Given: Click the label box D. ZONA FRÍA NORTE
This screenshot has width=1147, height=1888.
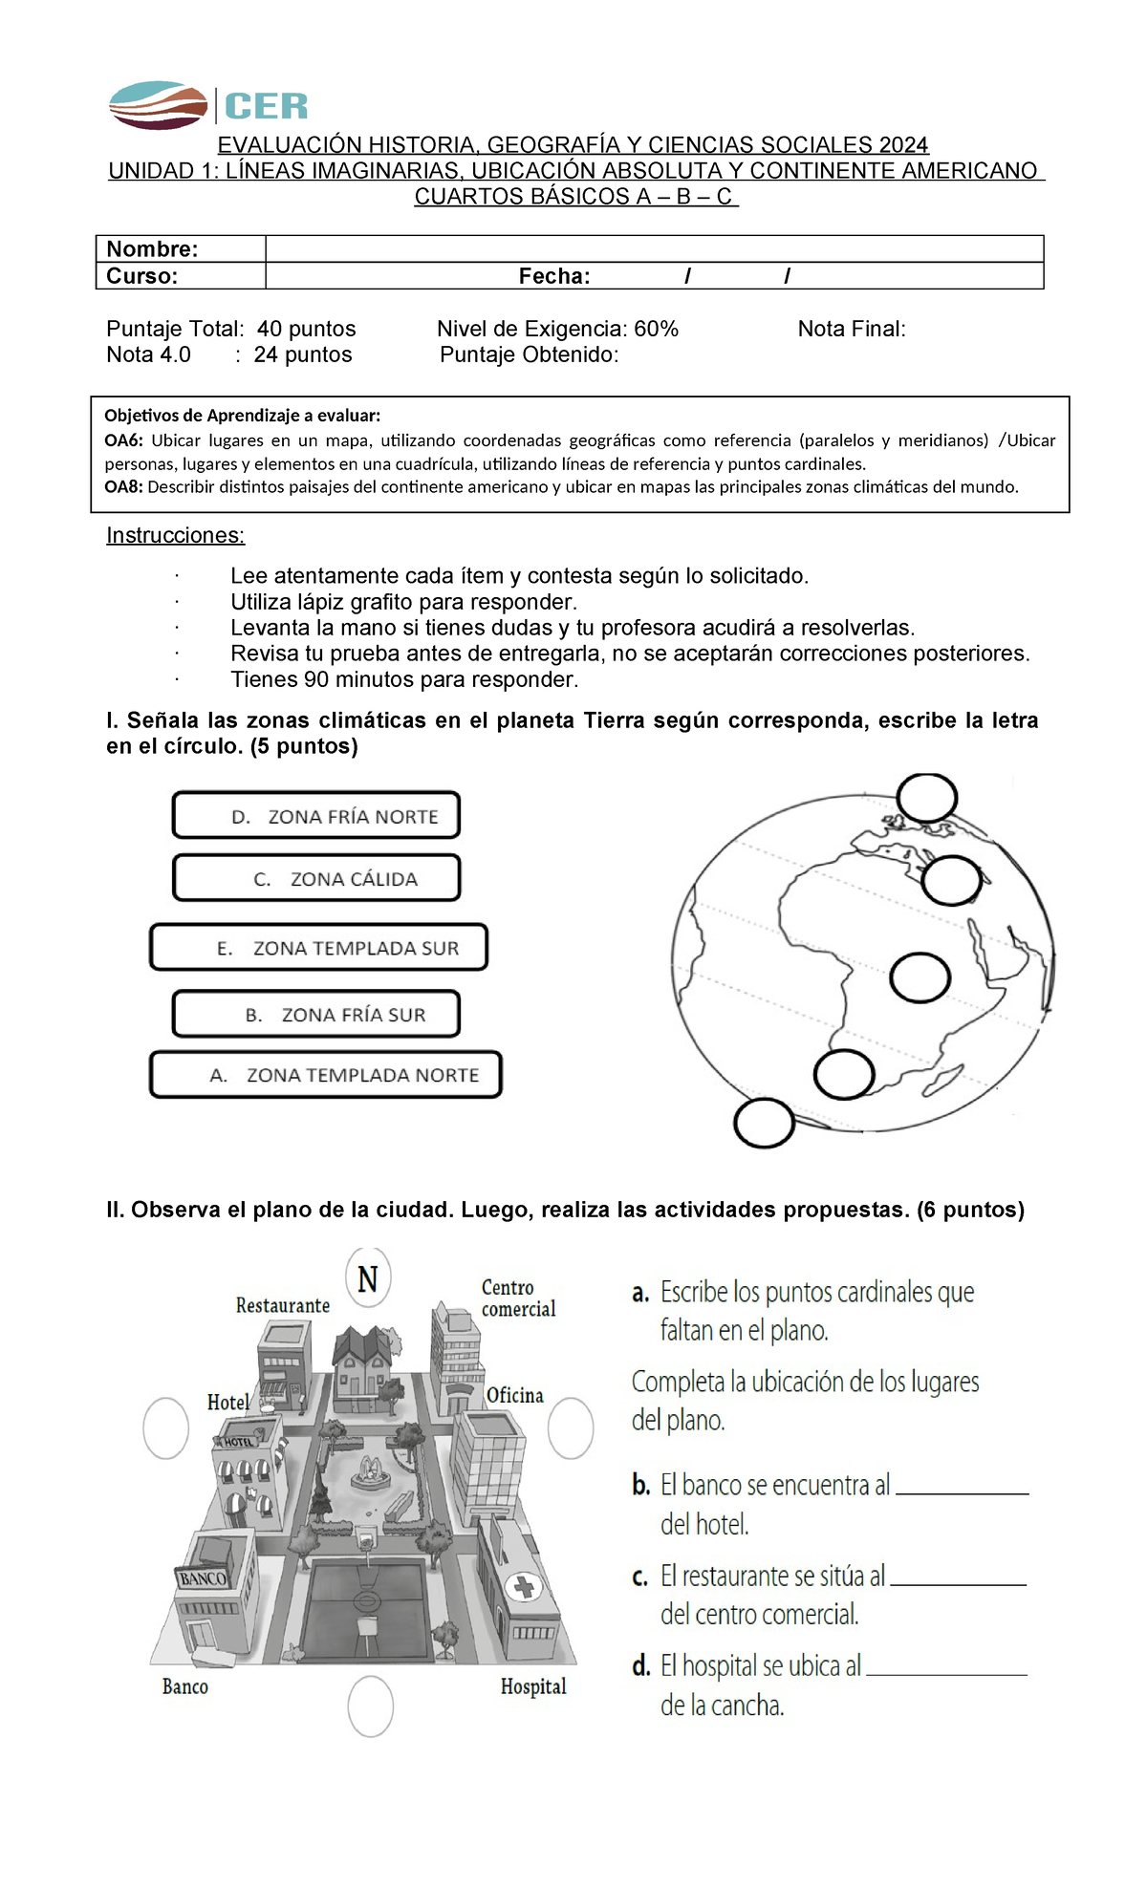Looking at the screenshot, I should coord(316,815).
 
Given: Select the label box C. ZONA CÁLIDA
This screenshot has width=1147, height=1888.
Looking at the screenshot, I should coord(316,878).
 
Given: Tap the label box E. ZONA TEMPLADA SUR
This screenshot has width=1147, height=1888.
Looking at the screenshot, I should coord(318,947).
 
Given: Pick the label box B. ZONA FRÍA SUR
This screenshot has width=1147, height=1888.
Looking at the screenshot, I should coord(316,1014).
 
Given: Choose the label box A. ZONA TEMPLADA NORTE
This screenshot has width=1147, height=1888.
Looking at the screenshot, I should coord(326,1075).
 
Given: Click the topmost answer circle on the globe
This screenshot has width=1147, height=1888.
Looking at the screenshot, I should coord(926,798).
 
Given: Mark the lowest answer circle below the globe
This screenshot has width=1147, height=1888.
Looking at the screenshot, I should coord(764,1123).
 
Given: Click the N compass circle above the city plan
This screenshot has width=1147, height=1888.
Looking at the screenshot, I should coord(368,1278).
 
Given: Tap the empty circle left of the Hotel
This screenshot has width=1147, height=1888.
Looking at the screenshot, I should coord(165,1428).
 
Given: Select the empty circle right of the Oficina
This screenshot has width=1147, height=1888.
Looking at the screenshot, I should coord(571,1428).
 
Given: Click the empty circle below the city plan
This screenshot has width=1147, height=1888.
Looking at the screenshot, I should coord(370,1706).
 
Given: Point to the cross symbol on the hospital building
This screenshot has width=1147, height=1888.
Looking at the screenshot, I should coord(524,1588).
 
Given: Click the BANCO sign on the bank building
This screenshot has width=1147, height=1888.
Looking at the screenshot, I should coord(203,1578).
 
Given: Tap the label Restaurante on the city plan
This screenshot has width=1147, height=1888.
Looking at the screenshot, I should coord(283,1305).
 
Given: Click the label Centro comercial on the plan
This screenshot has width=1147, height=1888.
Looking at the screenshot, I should coord(517,1298).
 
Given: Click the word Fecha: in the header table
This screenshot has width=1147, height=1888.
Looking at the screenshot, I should coord(554,276).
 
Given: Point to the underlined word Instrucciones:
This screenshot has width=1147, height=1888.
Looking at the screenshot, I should coord(175,535).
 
